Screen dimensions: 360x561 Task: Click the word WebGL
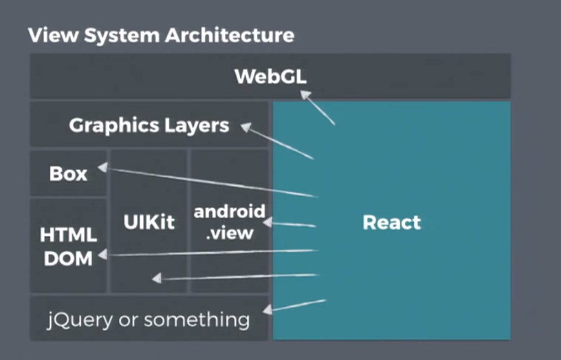270,76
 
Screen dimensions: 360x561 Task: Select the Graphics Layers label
149,125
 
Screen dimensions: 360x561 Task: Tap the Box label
68,174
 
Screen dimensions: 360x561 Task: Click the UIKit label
149,222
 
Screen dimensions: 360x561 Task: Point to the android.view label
229,221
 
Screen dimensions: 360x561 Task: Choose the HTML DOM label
68,247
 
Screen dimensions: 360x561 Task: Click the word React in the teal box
391,222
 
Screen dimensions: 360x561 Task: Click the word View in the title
48,36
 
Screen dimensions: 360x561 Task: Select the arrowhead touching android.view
268,223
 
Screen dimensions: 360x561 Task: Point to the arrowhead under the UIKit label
157,279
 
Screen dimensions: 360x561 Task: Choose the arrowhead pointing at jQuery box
268,310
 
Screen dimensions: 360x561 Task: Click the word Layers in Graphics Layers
197,125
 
